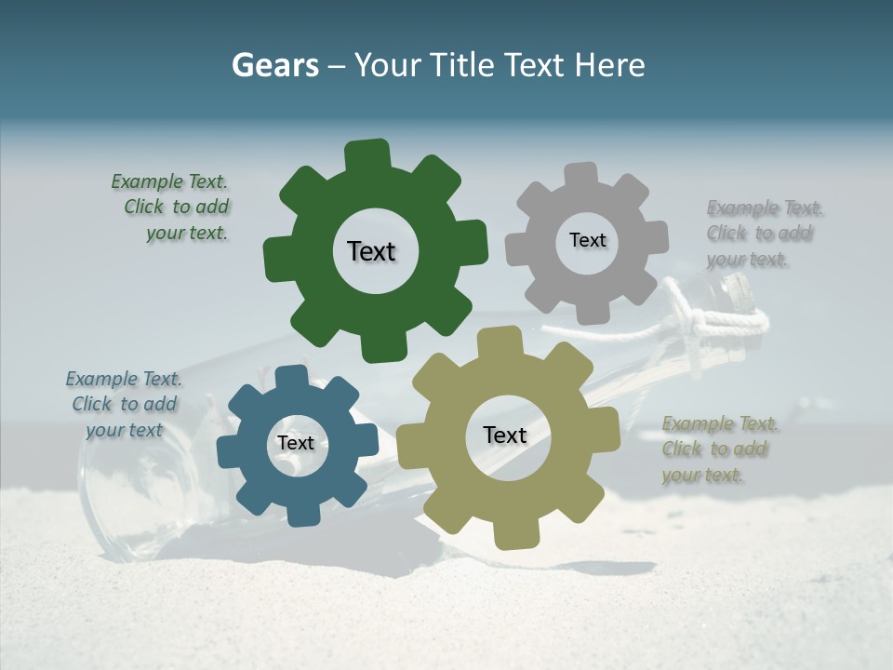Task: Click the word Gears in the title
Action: click(x=275, y=65)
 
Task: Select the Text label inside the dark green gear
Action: click(x=371, y=251)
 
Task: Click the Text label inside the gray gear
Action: click(x=587, y=240)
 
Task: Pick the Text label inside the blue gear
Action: click(x=296, y=443)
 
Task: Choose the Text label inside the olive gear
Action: click(x=505, y=435)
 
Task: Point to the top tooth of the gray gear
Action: click(x=581, y=176)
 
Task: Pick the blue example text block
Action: click(x=124, y=405)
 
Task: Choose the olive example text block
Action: click(x=718, y=449)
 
